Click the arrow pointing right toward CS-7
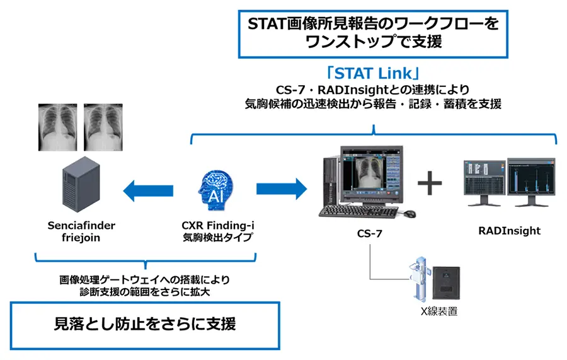click(280, 187)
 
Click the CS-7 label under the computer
click(369, 235)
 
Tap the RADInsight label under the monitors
click(509, 231)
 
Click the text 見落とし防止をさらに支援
click(146, 325)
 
